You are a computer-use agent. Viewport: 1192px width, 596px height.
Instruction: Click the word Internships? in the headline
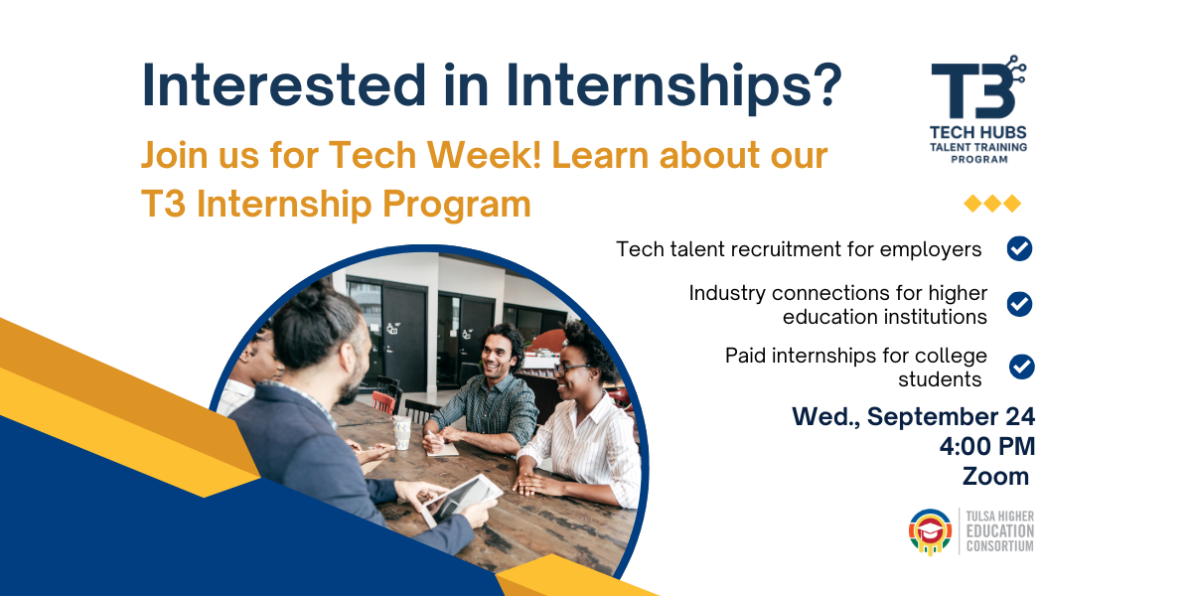tap(673, 86)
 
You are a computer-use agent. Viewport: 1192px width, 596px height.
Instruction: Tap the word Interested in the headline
tap(284, 85)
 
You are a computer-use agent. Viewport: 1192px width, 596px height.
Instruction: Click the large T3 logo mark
tap(978, 86)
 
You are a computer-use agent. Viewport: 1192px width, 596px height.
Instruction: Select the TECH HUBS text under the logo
tap(978, 132)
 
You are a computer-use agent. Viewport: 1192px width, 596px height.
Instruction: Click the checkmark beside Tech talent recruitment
tap(1019, 248)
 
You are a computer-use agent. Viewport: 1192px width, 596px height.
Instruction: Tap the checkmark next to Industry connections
tap(1019, 304)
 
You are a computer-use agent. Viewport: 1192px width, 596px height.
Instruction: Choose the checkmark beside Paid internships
tap(1022, 367)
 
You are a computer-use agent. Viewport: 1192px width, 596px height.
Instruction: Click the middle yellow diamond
tap(992, 204)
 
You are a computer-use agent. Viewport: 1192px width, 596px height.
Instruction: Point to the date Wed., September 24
tap(913, 416)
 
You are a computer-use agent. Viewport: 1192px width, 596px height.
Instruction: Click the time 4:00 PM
tap(987, 446)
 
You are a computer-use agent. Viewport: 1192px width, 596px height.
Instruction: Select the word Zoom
tap(995, 476)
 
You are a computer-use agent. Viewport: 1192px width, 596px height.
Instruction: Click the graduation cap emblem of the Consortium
tap(930, 531)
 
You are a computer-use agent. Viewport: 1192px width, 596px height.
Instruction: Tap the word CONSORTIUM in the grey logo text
tap(1000, 546)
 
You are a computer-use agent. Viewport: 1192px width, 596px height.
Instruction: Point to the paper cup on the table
tap(402, 432)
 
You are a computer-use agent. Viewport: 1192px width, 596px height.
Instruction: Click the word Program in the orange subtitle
tap(457, 206)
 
